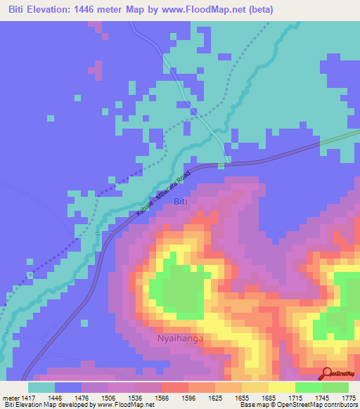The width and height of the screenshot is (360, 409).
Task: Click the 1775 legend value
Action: tap(340, 397)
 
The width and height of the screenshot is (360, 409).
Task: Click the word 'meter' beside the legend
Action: tap(11, 397)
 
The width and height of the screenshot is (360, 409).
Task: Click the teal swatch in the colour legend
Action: tap(41, 387)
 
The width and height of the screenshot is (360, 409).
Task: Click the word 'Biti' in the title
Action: tap(18, 10)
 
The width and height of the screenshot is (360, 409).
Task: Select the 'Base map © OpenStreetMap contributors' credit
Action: tap(298, 405)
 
